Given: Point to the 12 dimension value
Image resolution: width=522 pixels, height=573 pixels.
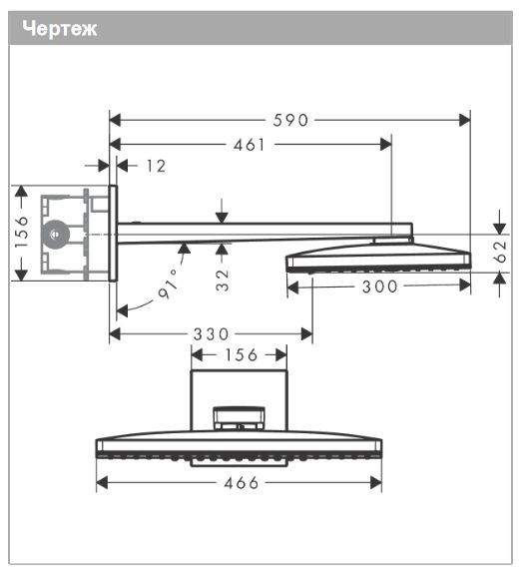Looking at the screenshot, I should tap(155, 166).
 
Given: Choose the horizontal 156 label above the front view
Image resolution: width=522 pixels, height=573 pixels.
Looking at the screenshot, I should tap(239, 354).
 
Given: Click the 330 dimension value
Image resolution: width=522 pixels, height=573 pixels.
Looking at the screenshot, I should tap(211, 333).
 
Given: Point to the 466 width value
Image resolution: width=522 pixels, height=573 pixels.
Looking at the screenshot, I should tap(240, 483).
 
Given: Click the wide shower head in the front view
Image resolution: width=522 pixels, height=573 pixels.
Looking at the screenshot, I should tap(240, 447).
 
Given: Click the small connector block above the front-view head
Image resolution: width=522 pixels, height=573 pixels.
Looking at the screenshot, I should tap(240, 416).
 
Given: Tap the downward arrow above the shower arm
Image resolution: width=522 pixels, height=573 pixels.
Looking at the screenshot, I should tap(222, 214).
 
